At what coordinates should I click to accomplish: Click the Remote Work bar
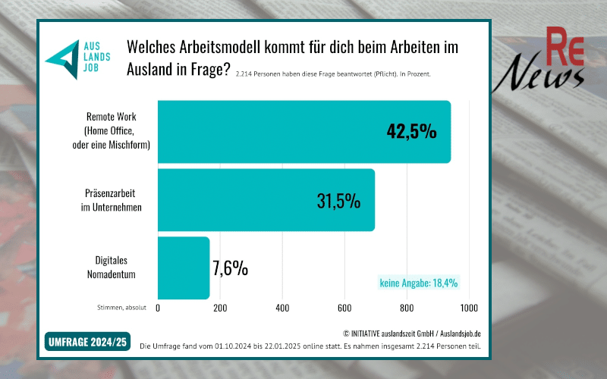(303, 132)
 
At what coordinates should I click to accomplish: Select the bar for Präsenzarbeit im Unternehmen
(266, 200)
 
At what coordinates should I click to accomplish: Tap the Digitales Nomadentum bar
(183, 268)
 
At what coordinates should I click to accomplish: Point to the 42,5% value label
(411, 132)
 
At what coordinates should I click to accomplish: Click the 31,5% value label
(338, 201)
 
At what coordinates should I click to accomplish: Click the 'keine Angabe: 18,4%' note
(418, 283)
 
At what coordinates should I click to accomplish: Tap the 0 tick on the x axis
(158, 308)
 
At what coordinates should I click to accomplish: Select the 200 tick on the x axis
(220, 308)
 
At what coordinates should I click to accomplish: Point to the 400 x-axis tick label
(282, 308)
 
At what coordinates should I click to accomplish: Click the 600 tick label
(344, 308)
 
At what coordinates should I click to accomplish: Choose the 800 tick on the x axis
(407, 308)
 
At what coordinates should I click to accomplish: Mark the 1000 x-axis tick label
(468, 308)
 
